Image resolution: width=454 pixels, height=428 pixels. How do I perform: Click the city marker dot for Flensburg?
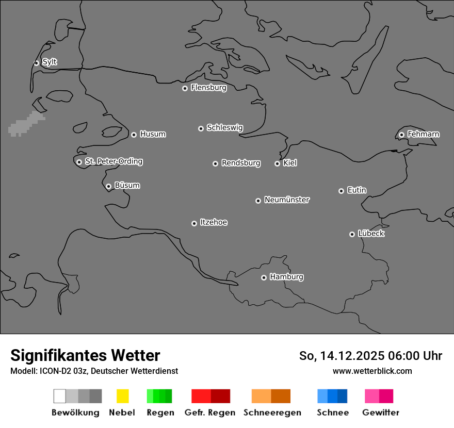[185, 88]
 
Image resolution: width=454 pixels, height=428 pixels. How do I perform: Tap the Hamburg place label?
[286, 277]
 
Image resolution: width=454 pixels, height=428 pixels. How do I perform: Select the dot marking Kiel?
[277, 163]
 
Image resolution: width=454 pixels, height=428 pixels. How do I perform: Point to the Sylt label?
[50, 62]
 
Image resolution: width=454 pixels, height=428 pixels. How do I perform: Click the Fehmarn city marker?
[401, 135]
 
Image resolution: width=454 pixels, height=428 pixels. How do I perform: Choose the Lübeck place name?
[371, 234]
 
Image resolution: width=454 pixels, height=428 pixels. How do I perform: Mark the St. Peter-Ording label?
[113, 161]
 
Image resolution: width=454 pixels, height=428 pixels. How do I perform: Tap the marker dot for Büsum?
[108, 186]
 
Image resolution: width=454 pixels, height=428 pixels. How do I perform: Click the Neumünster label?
[287, 200]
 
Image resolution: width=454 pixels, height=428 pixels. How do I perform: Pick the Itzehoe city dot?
[194, 223]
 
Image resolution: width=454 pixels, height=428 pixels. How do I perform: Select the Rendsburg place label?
[241, 163]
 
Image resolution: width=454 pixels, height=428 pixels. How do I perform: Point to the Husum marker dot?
[134, 135]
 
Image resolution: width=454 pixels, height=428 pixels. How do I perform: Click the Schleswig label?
[225, 127]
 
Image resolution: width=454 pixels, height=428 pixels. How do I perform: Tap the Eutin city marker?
[341, 191]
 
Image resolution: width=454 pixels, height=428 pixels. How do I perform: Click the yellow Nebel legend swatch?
[122, 396]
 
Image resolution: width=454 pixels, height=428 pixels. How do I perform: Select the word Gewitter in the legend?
[381, 413]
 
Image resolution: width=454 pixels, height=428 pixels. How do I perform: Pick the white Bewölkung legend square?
[60, 396]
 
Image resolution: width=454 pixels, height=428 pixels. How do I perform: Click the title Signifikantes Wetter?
[85, 355]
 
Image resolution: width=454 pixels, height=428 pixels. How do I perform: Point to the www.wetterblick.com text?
[372, 371]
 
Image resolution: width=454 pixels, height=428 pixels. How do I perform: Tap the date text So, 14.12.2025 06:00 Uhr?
[370, 356]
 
